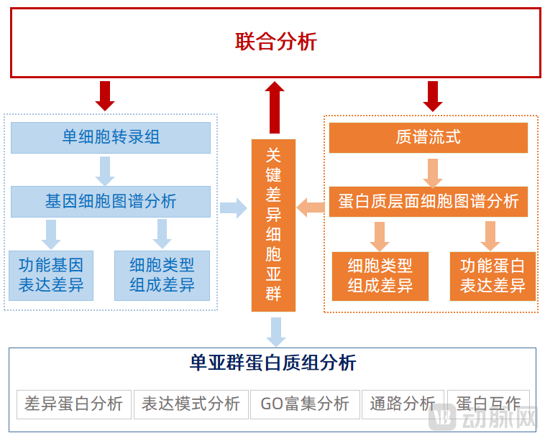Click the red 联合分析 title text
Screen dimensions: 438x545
point(276,42)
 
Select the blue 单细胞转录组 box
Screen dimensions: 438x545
point(111,137)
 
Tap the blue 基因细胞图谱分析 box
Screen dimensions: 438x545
point(111,201)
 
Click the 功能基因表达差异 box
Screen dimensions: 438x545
point(51,275)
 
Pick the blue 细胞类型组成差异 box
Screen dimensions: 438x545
point(162,275)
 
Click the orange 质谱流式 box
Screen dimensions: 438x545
point(428,137)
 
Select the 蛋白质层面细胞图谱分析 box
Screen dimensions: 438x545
point(428,201)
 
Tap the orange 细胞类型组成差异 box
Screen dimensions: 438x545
point(380,276)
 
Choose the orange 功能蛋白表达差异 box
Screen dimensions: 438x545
point(493,276)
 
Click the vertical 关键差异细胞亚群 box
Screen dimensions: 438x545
point(273,225)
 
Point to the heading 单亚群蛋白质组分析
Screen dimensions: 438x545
point(272,363)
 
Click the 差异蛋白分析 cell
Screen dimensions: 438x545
point(74,404)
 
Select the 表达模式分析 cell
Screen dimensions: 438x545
point(191,404)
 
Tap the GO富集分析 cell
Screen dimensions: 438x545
point(305,404)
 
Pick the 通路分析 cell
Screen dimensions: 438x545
point(402,404)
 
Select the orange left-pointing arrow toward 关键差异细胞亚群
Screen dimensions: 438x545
point(311,208)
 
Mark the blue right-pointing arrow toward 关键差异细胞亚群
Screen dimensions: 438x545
point(233,208)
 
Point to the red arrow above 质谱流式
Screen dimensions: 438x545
point(432,95)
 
